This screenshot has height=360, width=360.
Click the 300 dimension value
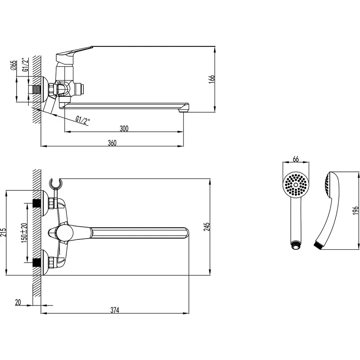(x=124, y=128)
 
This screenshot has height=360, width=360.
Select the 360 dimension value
(x=112, y=143)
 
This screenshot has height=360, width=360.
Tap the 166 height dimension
(x=212, y=79)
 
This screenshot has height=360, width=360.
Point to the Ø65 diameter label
(x=14, y=65)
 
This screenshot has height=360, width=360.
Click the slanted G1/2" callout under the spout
(x=83, y=121)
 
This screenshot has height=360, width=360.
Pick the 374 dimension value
(x=115, y=310)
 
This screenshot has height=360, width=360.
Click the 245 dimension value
(x=207, y=226)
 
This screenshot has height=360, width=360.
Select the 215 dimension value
(x=3, y=233)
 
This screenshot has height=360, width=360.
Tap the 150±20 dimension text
(x=24, y=232)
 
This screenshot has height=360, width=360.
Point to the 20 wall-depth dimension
(x=18, y=302)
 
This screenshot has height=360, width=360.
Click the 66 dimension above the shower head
(x=296, y=159)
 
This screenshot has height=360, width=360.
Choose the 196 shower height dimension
(x=355, y=210)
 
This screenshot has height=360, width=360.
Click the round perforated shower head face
(x=296, y=184)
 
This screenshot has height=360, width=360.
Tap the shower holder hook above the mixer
(x=55, y=184)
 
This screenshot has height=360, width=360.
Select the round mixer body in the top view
(x=65, y=233)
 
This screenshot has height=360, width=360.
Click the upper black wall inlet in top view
(x=37, y=203)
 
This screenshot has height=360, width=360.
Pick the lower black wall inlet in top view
(x=37, y=262)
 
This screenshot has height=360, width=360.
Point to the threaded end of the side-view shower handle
(x=319, y=244)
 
